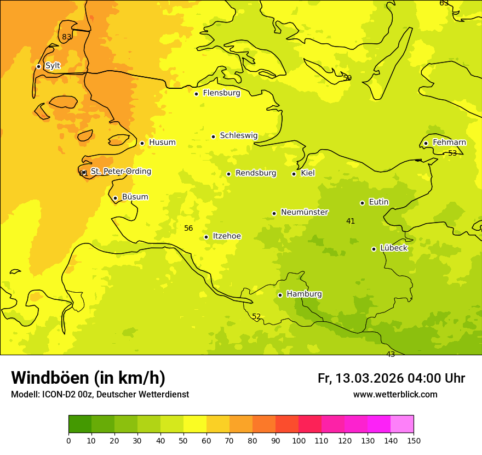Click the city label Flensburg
(x=221, y=93)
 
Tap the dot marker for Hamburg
(x=280, y=295)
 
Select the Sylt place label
(x=53, y=66)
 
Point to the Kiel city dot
(x=294, y=174)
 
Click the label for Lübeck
(x=393, y=248)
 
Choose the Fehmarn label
(x=449, y=143)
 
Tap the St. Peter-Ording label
(x=120, y=172)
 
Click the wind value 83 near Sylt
(x=66, y=37)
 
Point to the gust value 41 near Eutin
(x=351, y=221)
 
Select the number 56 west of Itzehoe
(x=188, y=228)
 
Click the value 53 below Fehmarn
(x=452, y=153)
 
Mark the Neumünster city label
(x=305, y=212)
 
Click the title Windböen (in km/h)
(x=88, y=378)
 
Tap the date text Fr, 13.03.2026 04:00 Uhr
(x=391, y=378)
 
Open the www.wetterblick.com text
(x=395, y=395)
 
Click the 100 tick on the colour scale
(x=299, y=440)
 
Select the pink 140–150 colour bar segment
(x=402, y=424)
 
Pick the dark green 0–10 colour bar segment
(x=80, y=424)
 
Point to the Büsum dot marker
(x=115, y=198)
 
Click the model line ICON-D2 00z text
(x=100, y=395)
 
